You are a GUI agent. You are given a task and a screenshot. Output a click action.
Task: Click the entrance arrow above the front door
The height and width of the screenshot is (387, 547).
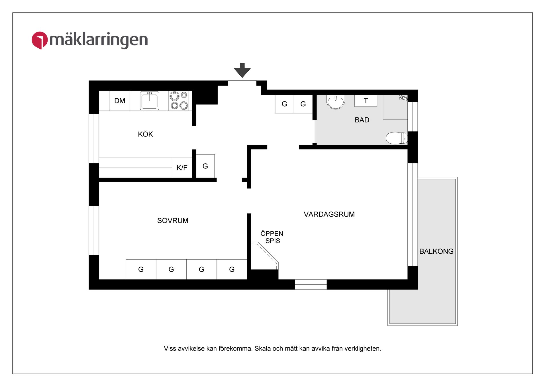pyautogui.click(x=242, y=70)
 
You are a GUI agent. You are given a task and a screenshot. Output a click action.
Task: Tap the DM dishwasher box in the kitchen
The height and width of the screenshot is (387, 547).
pyautogui.click(x=120, y=101)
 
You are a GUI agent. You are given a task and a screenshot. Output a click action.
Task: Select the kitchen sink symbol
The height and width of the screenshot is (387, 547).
pyautogui.click(x=149, y=101)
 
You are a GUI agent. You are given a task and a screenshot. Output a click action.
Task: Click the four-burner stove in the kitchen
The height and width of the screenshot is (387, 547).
pyautogui.click(x=179, y=101)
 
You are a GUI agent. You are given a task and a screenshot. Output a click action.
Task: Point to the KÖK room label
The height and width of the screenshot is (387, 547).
pyautogui.click(x=145, y=134)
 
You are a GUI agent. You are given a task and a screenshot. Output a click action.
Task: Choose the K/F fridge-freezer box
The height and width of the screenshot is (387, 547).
pyautogui.click(x=182, y=168)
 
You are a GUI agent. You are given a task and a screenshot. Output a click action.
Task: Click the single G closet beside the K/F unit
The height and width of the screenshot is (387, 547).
pyautogui.click(x=205, y=166)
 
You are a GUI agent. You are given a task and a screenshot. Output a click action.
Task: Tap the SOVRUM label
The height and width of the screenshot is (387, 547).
pyautogui.click(x=173, y=221)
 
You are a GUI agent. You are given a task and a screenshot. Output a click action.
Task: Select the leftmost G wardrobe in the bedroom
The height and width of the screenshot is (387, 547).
pyautogui.click(x=141, y=270)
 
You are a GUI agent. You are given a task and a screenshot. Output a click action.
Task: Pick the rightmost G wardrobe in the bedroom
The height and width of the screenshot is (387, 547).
pyautogui.click(x=232, y=270)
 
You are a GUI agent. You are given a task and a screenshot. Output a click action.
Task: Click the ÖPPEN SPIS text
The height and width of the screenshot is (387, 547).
pyautogui.click(x=272, y=237)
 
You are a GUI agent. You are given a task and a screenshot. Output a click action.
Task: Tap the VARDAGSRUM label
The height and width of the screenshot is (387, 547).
pyautogui.click(x=329, y=214)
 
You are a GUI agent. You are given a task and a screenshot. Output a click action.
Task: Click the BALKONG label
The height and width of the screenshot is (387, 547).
pyautogui.click(x=436, y=251)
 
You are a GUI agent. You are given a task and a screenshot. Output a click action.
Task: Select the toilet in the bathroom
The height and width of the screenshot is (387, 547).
pyautogui.click(x=396, y=138)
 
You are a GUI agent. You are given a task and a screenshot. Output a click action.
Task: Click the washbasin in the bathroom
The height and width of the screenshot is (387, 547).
pyautogui.click(x=336, y=102)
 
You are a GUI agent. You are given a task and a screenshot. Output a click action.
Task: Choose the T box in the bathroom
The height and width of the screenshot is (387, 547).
pyautogui.click(x=366, y=101)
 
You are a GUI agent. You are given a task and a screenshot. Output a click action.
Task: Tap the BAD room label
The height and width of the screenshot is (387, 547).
pyautogui.click(x=362, y=120)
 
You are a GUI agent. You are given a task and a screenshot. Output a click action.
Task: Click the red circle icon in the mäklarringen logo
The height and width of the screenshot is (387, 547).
pyautogui.click(x=40, y=40)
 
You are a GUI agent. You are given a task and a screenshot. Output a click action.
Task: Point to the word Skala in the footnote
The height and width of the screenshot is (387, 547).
pyautogui.click(x=263, y=349)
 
